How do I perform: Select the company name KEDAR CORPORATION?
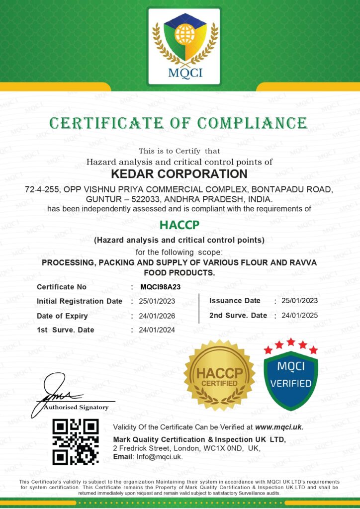click(180, 174)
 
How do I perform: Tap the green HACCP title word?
click(180, 225)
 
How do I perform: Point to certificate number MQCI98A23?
click(161, 287)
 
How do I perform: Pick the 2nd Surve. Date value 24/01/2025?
click(299, 315)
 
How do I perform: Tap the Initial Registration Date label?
click(80, 301)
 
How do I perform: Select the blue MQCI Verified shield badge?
click(291, 375)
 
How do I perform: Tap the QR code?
click(76, 442)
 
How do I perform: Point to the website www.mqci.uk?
click(279, 427)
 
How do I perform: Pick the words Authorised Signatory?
click(76, 408)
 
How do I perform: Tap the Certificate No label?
click(62, 287)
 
